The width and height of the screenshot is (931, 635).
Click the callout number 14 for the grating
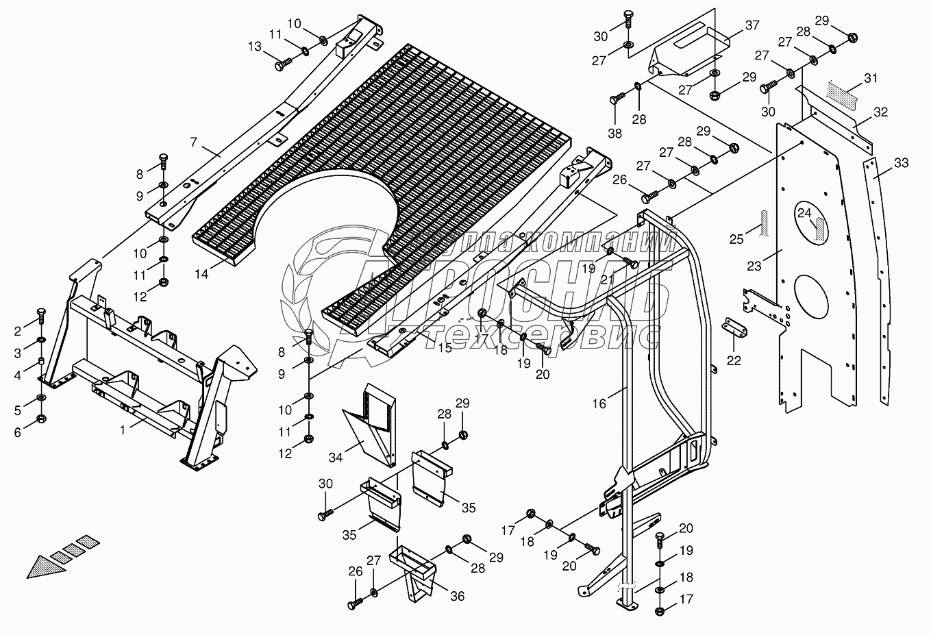click(x=201, y=274)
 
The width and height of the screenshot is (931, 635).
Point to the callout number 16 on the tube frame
click(x=599, y=403)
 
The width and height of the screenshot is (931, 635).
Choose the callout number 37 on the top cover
click(x=752, y=25)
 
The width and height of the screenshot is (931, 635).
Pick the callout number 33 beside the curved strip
click(x=901, y=163)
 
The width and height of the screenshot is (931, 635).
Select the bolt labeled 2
click(x=40, y=316)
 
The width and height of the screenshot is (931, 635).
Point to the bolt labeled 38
click(x=615, y=99)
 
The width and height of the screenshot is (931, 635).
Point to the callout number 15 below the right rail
click(x=445, y=347)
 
